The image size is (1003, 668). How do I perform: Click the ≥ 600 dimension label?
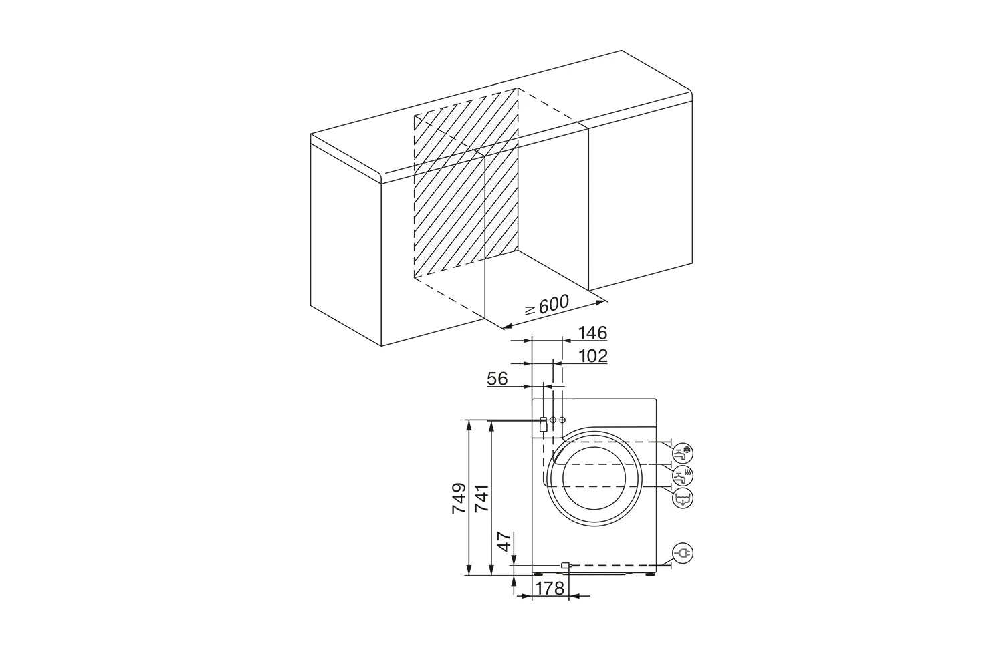(x=547, y=305)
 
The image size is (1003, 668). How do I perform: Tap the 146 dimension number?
(x=592, y=333)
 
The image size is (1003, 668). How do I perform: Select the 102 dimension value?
(x=593, y=356)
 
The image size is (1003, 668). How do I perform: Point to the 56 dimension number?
(x=497, y=379)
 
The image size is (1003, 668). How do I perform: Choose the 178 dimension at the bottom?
(x=550, y=589)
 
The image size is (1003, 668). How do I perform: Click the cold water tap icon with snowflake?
(x=683, y=453)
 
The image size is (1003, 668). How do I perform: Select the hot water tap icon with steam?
(x=683, y=475)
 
